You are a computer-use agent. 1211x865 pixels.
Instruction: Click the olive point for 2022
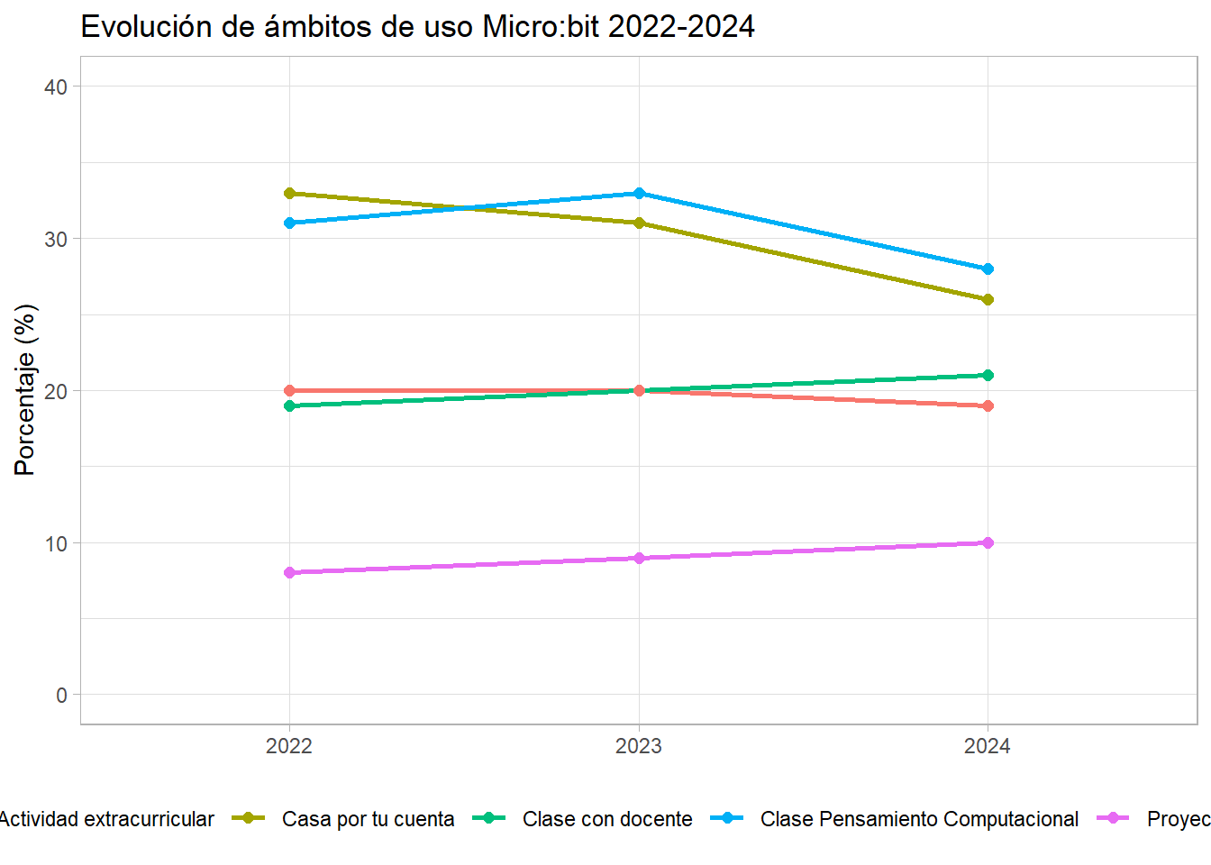pyautogui.click(x=289, y=193)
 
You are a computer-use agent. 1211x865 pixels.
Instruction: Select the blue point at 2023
pyautogui.click(x=639, y=193)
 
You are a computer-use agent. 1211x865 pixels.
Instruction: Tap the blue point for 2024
pyautogui.click(x=988, y=269)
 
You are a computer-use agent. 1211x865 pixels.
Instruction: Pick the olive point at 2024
pyautogui.click(x=988, y=299)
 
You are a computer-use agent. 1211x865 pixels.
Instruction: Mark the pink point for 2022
pyautogui.click(x=289, y=572)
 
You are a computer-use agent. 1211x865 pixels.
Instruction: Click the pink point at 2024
pyautogui.click(x=988, y=542)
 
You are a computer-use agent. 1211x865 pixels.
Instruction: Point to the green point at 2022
pyautogui.click(x=289, y=405)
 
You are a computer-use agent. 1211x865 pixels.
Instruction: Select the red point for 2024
pyautogui.click(x=988, y=405)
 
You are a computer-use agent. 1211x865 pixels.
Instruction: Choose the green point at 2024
pyautogui.click(x=988, y=375)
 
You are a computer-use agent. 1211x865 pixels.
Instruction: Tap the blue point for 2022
pyautogui.click(x=289, y=223)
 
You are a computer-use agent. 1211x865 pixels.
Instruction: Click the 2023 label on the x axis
pyautogui.click(x=639, y=746)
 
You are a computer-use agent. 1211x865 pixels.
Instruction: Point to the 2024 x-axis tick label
pyautogui.click(x=988, y=746)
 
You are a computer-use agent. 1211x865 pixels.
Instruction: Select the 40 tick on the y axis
pyautogui.click(x=56, y=86)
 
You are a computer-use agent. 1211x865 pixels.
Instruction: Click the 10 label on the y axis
pyautogui.click(x=56, y=543)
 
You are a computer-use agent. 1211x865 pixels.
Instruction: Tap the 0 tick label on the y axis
pyautogui.click(x=61, y=695)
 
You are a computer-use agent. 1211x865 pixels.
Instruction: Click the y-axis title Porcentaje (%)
pyautogui.click(x=25, y=389)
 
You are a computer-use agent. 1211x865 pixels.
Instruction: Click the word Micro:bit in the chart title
pyautogui.click(x=541, y=27)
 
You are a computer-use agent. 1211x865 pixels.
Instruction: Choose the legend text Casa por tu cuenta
pyautogui.click(x=368, y=819)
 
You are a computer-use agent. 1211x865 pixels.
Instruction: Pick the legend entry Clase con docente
pyautogui.click(x=607, y=819)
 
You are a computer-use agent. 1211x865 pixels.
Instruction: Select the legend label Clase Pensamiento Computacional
pyautogui.click(x=919, y=819)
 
